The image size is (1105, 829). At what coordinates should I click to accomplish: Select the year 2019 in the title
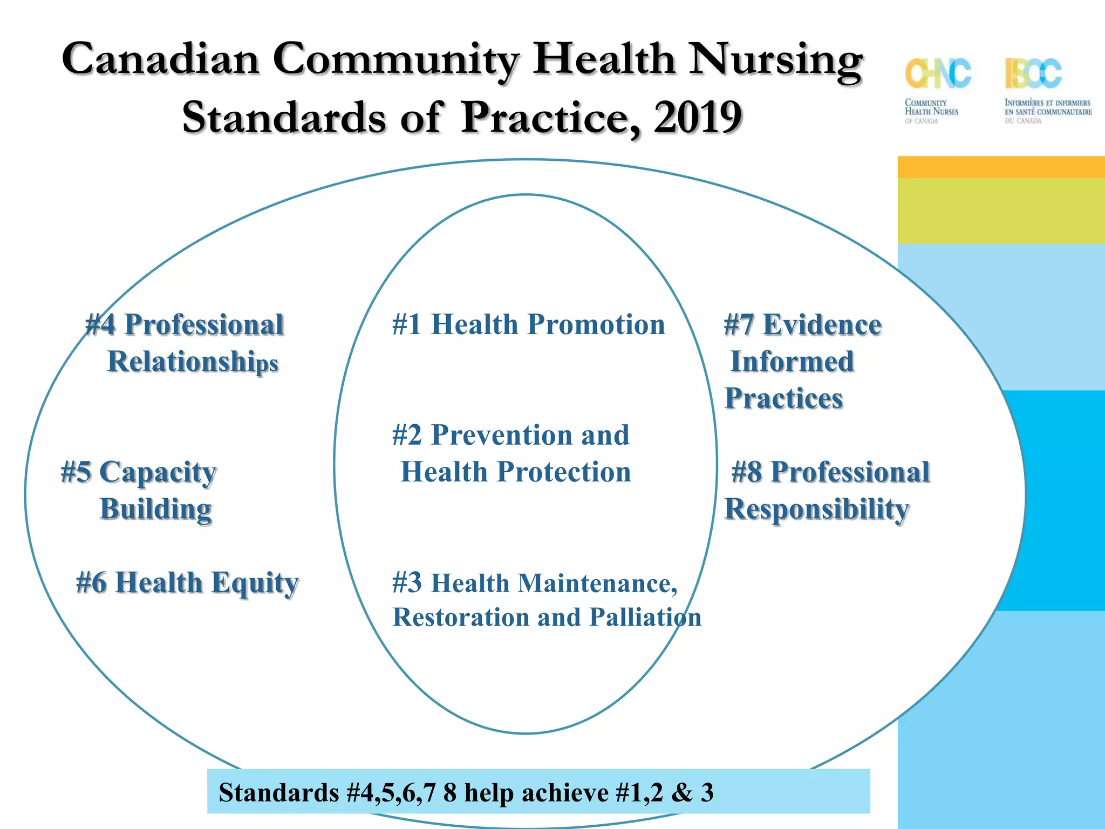(x=698, y=117)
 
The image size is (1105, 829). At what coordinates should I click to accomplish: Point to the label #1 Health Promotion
(x=528, y=324)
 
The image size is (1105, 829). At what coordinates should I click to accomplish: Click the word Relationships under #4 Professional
(x=193, y=362)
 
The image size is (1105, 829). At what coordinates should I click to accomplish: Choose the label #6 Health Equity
(x=187, y=583)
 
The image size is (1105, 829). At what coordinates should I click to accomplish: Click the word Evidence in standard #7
(x=822, y=325)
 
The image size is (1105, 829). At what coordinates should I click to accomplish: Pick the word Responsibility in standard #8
(x=816, y=509)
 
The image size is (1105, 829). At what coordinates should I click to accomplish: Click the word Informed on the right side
(x=792, y=362)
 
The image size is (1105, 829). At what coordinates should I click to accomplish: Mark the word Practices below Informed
(x=783, y=398)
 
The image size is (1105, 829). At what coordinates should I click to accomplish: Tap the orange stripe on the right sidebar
(x=1001, y=167)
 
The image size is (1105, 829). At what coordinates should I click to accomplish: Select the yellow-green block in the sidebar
(x=1001, y=210)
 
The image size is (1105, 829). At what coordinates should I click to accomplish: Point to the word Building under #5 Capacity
(x=155, y=509)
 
